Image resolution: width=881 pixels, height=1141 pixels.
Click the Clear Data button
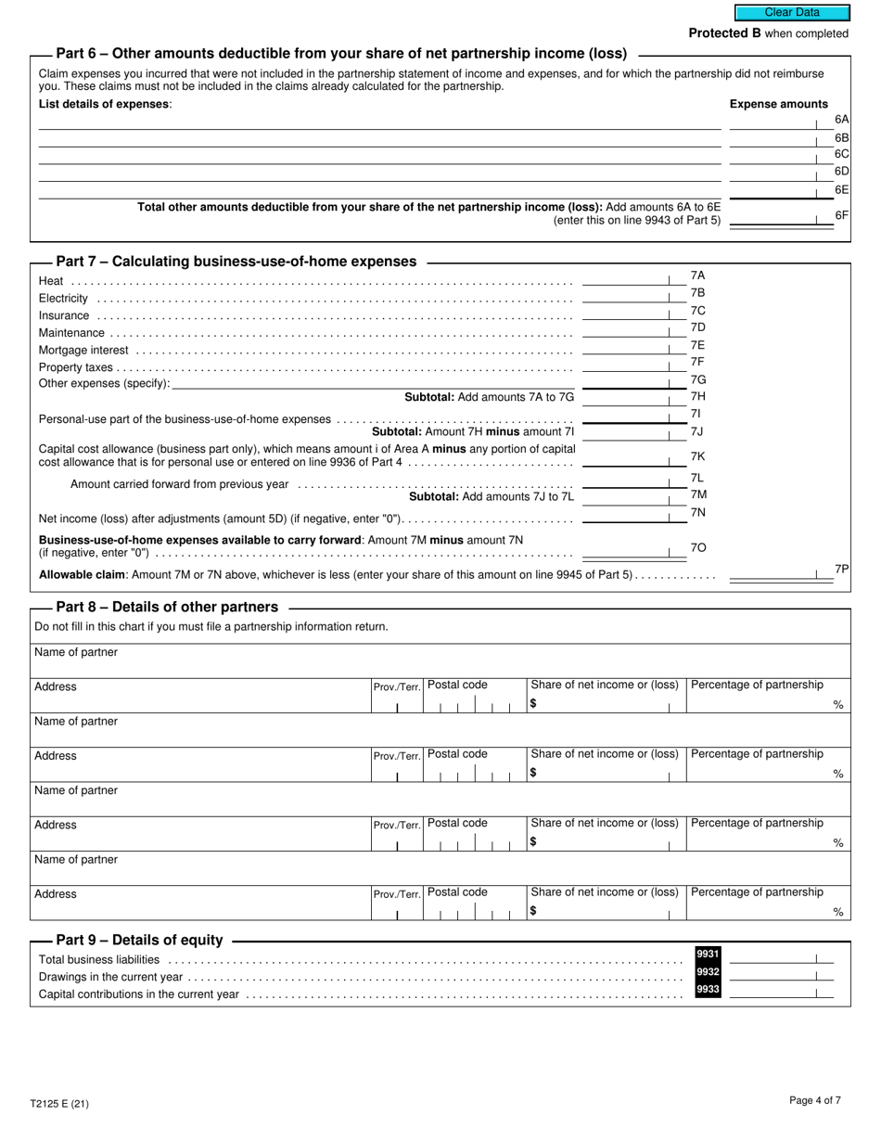pyautogui.click(x=792, y=13)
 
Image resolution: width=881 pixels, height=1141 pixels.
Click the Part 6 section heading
pyautogui.click(x=341, y=54)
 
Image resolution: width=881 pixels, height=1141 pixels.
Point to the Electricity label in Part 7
pyautogui.click(x=63, y=299)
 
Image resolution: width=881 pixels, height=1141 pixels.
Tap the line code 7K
pyautogui.click(x=698, y=456)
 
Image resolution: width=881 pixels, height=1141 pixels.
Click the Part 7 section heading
pyautogui.click(x=236, y=262)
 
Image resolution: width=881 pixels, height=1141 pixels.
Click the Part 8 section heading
pyautogui.click(x=167, y=607)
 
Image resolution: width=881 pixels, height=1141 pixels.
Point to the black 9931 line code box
pyautogui.click(x=708, y=954)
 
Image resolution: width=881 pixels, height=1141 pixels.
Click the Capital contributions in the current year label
pyautogui.click(x=139, y=994)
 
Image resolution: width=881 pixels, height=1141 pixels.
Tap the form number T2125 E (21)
pyautogui.click(x=59, y=1104)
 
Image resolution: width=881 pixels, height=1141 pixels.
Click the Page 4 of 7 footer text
pyautogui.click(x=815, y=1101)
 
